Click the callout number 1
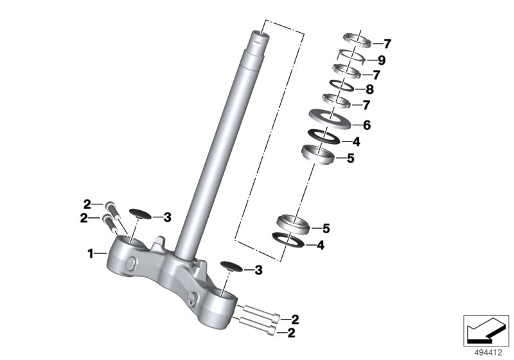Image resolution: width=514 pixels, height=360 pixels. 90,253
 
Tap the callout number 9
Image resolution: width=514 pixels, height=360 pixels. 381,60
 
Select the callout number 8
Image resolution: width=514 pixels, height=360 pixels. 369,89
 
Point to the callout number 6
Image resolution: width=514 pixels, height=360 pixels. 366,125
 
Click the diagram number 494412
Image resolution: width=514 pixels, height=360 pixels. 488,353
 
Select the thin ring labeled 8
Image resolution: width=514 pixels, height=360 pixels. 341,85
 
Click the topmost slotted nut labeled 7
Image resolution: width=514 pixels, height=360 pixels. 357,40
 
